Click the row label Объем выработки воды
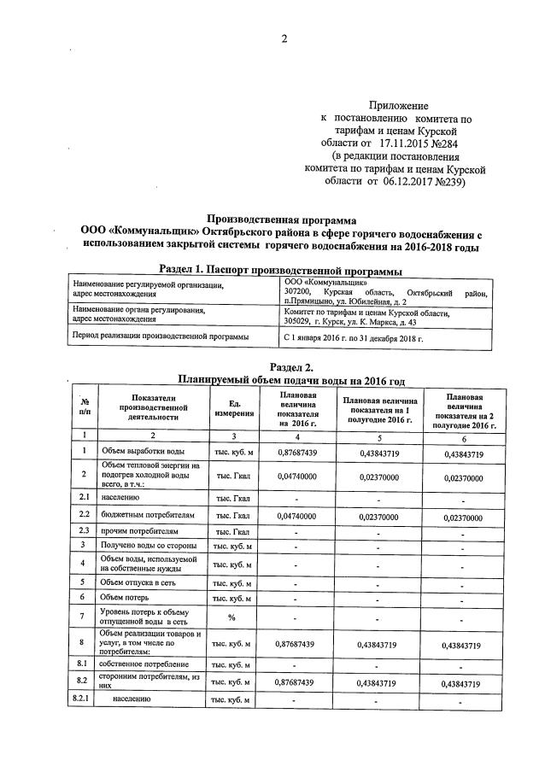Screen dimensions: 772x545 point(143,451)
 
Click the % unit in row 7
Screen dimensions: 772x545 point(231,617)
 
